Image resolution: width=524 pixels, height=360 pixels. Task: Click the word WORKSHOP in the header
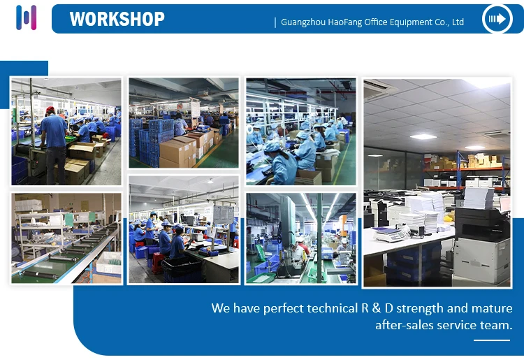117,19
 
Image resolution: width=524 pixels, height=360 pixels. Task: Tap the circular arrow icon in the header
497,19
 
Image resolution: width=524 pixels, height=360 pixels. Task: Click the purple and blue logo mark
26,17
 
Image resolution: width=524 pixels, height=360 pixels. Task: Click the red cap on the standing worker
50,110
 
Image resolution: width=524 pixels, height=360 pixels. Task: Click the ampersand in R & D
377,308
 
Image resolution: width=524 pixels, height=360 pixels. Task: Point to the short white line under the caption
492,340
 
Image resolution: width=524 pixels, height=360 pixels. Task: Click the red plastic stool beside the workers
157,263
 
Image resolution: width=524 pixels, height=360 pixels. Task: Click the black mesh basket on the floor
182,269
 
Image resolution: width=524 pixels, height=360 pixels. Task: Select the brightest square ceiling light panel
423,136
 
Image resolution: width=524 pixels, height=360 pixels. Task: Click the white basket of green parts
108,262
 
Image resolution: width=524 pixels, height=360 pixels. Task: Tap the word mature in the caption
492,308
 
